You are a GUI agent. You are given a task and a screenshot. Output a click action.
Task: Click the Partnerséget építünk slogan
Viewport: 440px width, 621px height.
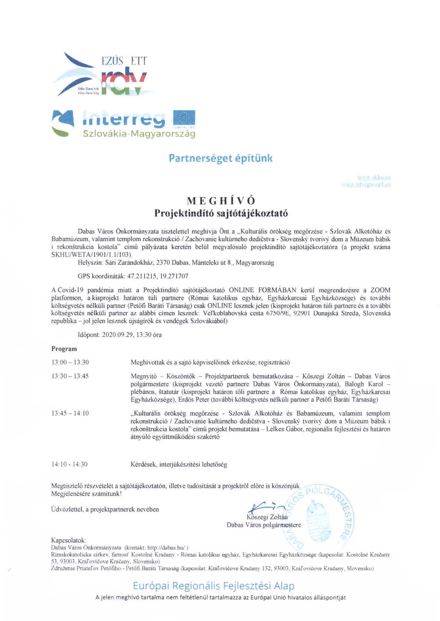click(221, 158)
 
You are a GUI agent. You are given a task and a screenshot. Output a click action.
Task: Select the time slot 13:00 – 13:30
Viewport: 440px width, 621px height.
click(70, 362)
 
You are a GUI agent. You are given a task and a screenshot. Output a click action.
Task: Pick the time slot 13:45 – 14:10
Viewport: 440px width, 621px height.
click(70, 413)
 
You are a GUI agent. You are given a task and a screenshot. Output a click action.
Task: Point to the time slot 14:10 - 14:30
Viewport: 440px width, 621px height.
click(69, 464)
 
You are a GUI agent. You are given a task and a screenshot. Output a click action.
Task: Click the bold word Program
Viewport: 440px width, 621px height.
click(64, 349)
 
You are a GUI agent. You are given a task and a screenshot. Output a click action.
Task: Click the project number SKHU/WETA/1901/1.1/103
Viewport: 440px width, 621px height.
click(91, 255)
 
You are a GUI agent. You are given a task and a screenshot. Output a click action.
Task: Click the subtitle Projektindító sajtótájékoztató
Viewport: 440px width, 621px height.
click(221, 213)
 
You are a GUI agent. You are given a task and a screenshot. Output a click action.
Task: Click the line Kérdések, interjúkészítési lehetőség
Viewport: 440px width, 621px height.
click(179, 464)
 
